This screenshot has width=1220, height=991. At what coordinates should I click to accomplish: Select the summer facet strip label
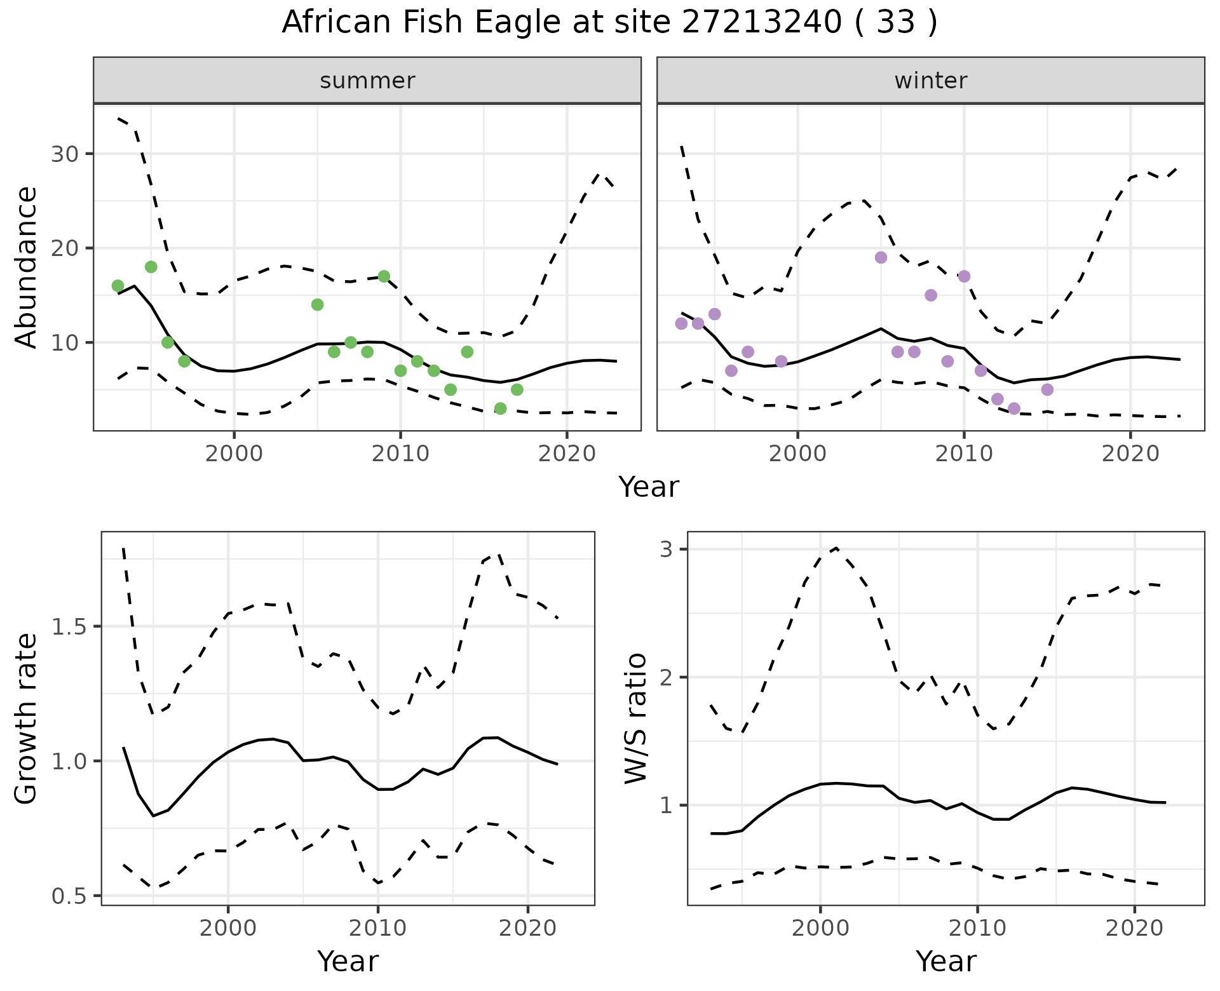[x=367, y=81]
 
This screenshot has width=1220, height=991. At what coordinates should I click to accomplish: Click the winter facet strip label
[x=930, y=81]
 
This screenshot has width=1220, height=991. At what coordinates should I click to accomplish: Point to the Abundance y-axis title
[x=26, y=267]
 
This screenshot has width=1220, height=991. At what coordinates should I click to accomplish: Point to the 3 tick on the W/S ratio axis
[x=665, y=549]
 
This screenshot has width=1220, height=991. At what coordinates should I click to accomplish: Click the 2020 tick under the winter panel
[x=1130, y=454]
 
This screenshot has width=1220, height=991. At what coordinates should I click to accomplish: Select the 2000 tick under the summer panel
[x=234, y=454]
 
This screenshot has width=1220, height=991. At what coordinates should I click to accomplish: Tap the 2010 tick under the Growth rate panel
[x=378, y=928]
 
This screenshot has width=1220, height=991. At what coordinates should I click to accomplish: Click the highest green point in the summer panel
[x=151, y=267]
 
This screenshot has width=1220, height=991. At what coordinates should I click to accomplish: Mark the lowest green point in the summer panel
[x=500, y=408]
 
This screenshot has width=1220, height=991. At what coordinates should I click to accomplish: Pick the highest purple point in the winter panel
[x=881, y=257]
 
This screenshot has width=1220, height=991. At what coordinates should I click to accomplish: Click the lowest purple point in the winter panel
[x=1014, y=408]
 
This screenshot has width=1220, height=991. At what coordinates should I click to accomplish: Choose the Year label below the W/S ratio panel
[x=945, y=962]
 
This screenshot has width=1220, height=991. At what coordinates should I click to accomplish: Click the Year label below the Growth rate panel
[x=348, y=962]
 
